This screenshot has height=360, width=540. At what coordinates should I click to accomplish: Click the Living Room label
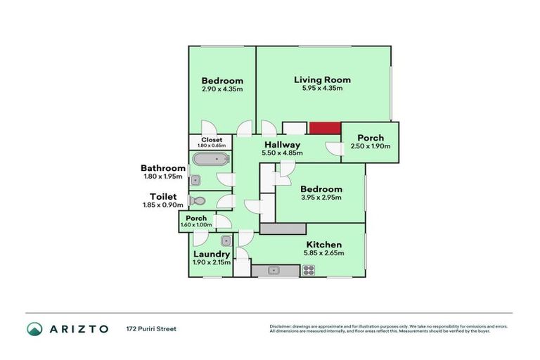point(322,79)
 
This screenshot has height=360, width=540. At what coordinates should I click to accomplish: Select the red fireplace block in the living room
point(325,128)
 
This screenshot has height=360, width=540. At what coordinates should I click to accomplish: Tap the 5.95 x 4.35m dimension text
point(322,89)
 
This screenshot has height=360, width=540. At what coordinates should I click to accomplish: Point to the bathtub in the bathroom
point(211,159)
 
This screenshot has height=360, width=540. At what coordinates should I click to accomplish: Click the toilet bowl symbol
point(198,200)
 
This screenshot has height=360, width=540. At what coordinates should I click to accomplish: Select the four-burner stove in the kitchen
point(308,270)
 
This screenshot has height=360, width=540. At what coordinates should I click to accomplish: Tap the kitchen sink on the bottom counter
point(273,270)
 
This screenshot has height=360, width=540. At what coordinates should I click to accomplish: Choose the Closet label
point(212,139)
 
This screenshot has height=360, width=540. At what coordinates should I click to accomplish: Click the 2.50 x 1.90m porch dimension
point(370,146)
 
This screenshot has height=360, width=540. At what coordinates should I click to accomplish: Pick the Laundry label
point(211,254)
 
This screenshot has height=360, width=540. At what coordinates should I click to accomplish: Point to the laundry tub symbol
point(216,240)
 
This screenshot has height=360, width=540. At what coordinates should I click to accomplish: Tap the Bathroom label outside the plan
point(163,168)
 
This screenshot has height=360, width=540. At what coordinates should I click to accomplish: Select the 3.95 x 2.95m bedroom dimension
point(321,198)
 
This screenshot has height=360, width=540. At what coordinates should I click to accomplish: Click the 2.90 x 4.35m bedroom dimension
point(222,89)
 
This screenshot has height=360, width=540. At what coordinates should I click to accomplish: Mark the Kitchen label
point(323,244)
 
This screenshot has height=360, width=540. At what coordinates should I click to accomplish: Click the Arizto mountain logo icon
point(34,328)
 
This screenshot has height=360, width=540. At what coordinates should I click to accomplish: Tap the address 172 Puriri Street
point(151,328)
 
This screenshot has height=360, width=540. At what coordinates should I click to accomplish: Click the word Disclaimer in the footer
point(282,326)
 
